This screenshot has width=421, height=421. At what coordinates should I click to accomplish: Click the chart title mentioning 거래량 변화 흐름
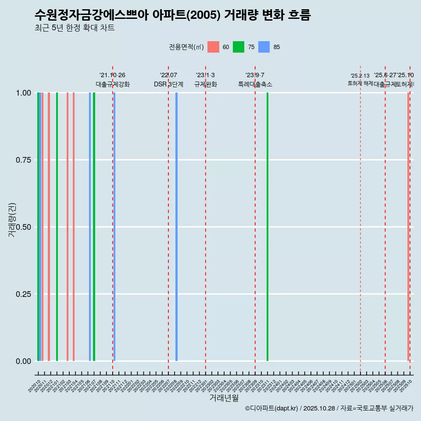(x=172, y=15)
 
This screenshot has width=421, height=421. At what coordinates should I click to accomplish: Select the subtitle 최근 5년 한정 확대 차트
(x=75, y=28)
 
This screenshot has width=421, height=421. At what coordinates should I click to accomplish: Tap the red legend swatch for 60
(x=213, y=47)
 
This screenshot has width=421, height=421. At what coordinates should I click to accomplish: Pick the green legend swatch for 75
(x=239, y=47)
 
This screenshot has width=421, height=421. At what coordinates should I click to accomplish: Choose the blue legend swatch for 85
(x=264, y=47)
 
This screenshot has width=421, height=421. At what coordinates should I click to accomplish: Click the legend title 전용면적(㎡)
(x=186, y=47)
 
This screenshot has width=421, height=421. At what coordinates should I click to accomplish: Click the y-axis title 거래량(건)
(x=12, y=220)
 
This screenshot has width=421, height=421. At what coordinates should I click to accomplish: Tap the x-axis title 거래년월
(x=224, y=398)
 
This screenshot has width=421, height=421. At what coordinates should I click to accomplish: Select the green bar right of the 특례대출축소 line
(x=268, y=227)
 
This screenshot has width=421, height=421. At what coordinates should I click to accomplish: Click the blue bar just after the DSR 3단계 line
(x=176, y=227)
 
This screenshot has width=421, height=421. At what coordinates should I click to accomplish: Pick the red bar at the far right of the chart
(x=408, y=227)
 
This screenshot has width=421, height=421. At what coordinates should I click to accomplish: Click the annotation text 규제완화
(x=206, y=85)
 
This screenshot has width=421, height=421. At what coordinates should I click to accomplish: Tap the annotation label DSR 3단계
(x=168, y=85)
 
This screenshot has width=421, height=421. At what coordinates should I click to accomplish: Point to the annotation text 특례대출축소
(x=255, y=85)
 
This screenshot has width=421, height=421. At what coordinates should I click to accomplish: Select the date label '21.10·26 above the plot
(x=113, y=75)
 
